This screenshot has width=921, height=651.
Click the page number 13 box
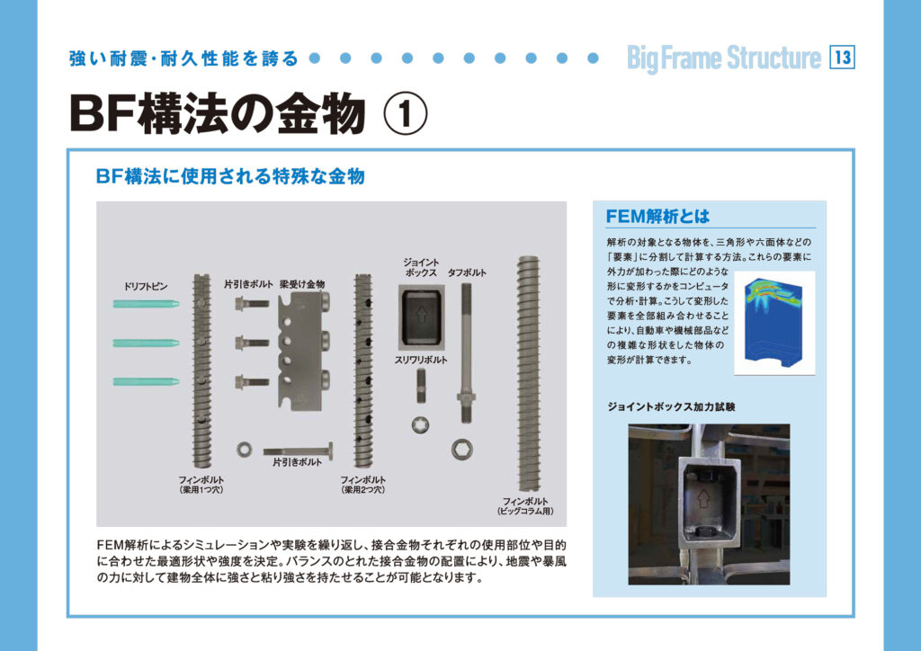click(x=842, y=58)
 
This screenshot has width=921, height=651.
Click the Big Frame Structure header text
click(x=724, y=58)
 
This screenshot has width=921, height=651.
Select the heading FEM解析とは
click(x=657, y=217)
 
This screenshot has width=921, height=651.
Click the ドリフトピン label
click(x=146, y=287)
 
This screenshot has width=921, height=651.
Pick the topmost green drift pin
click(x=147, y=304)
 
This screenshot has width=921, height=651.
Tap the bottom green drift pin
click(x=147, y=381)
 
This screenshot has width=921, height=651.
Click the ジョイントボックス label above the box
click(x=421, y=267)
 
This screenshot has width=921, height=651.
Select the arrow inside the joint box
click(x=421, y=315)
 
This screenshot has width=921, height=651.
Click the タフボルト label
click(x=467, y=273)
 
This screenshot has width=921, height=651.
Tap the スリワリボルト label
click(x=421, y=360)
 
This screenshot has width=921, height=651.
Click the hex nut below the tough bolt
click(x=462, y=449)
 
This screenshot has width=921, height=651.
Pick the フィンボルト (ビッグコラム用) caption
click(x=525, y=506)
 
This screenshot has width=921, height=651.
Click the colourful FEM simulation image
click(x=774, y=322)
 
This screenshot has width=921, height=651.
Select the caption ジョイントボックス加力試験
click(x=671, y=406)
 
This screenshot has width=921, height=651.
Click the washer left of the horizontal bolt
click(x=245, y=450)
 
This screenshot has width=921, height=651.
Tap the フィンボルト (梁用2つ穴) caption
click(x=363, y=485)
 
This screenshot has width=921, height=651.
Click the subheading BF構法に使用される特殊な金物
click(x=230, y=176)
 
